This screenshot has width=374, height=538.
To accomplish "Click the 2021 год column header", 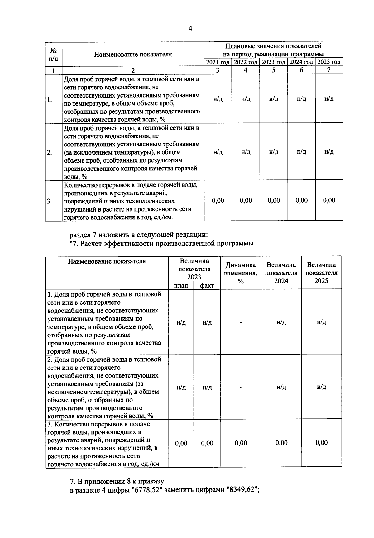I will [218, 62].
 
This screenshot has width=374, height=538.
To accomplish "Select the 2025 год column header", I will [329, 62].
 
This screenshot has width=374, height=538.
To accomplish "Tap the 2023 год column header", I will [273, 62].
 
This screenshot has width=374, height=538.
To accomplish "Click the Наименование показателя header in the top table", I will [133, 54].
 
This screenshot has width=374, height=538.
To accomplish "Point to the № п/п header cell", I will [53, 54].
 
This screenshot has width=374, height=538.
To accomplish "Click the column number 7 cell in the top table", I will [329, 70].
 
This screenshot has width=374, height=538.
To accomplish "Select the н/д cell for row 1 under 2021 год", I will [218, 99].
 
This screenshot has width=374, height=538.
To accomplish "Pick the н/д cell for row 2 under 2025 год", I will [329, 152].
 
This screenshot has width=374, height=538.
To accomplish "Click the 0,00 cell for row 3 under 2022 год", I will [246, 201].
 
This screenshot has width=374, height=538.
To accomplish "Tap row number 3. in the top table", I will [50, 201].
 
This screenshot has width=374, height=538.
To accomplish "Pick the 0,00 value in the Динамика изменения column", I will [241, 443].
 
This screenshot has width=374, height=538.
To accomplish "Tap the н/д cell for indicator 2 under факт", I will [207, 387].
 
